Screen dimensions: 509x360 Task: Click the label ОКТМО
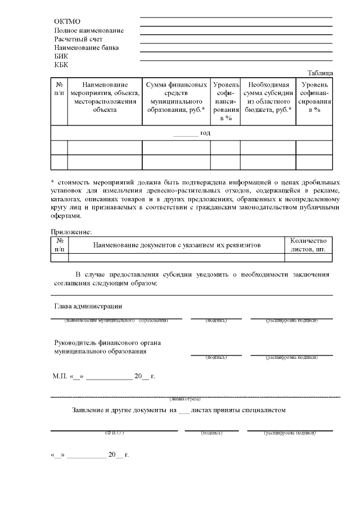click(x=66, y=21)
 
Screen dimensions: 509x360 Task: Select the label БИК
click(x=61, y=56)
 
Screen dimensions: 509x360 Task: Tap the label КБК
click(x=61, y=65)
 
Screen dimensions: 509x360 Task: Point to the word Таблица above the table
click(x=320, y=73)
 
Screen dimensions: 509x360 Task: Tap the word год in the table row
click(x=205, y=133)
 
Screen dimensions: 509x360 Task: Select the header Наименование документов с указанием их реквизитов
click(x=177, y=245)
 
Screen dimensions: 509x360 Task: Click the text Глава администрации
click(x=88, y=307)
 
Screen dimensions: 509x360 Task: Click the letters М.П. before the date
click(x=59, y=376)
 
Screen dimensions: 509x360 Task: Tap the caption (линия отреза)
click(x=185, y=398)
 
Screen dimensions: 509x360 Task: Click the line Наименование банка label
click(x=86, y=48)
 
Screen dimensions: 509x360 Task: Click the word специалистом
click(x=263, y=410)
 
